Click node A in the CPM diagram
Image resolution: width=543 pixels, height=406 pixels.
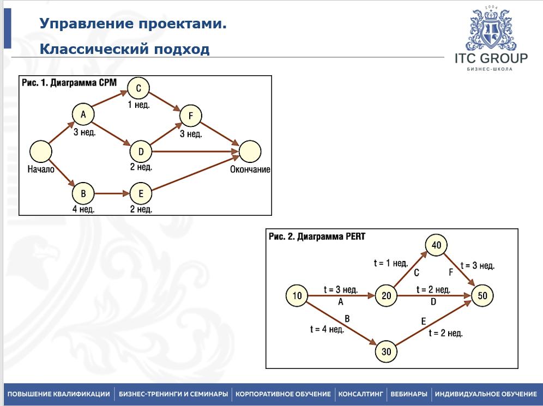point(83,114)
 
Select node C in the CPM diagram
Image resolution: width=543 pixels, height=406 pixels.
point(138,88)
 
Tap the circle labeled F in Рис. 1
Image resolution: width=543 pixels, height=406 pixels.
point(191,116)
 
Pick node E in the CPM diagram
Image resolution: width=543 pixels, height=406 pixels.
point(141,193)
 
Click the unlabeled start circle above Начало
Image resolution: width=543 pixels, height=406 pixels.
point(40,151)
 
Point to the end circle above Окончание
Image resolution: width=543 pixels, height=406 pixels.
point(249,151)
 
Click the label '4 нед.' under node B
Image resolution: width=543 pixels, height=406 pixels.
point(83,209)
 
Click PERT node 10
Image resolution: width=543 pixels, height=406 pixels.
point(297,296)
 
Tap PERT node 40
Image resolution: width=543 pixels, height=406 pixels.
point(436,245)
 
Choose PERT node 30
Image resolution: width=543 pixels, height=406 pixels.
point(386,352)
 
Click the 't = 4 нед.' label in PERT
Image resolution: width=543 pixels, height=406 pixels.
point(327,329)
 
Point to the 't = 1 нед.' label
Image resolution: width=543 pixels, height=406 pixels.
point(390,263)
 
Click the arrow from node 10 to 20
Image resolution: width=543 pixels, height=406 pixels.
point(341,296)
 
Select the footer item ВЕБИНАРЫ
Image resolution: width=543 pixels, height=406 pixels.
point(408,394)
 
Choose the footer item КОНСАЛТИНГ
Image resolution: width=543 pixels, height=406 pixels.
point(360,394)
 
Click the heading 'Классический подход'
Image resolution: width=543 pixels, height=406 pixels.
point(124,50)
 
